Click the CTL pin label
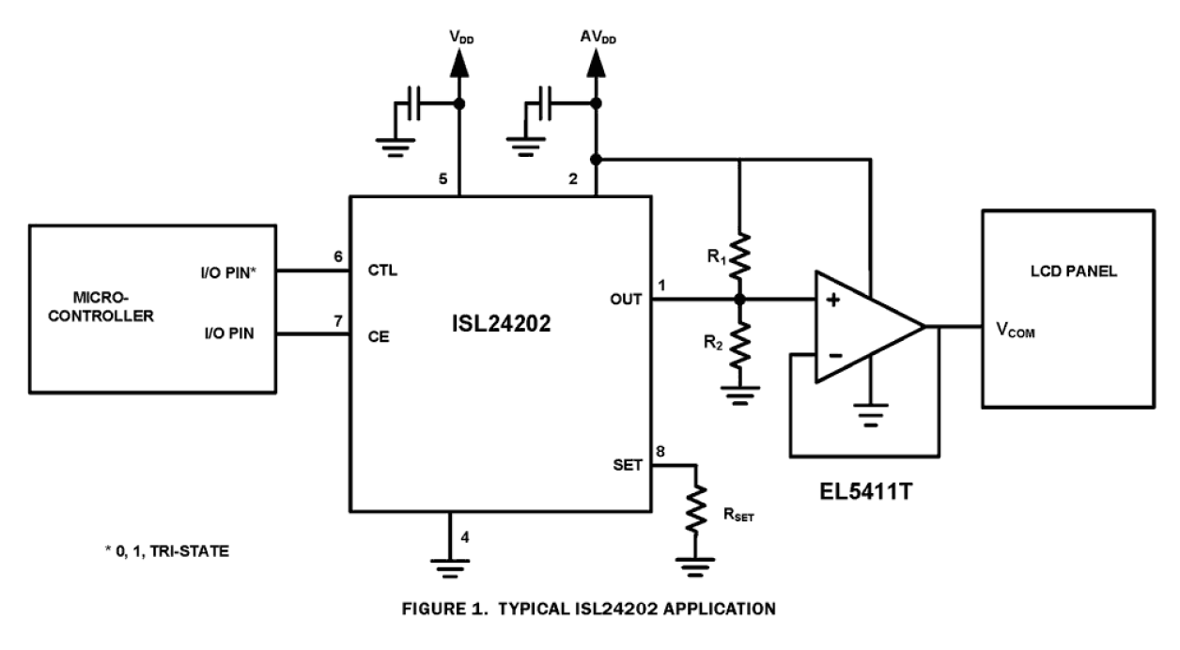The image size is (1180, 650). pyautogui.click(x=382, y=271)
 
